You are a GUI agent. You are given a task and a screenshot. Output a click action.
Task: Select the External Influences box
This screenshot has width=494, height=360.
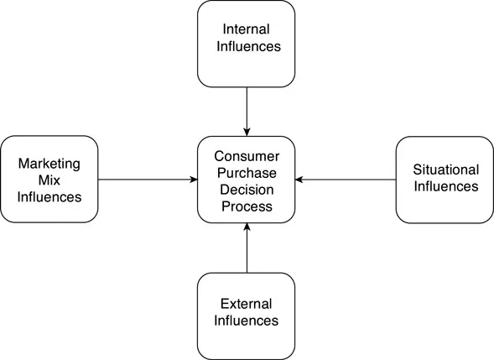click(x=247, y=312)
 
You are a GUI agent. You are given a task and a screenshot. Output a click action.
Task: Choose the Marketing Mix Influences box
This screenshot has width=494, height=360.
click(x=49, y=179)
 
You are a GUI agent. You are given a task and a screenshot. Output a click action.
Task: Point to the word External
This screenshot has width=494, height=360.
click(x=247, y=304)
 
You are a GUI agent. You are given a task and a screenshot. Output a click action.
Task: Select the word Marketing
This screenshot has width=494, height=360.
click(x=49, y=162)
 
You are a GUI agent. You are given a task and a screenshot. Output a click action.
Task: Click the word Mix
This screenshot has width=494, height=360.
click(x=49, y=179)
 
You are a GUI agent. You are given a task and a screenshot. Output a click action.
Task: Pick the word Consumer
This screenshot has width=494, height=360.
click(x=247, y=155)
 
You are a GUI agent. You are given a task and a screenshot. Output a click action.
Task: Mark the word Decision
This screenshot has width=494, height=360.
click(x=247, y=188)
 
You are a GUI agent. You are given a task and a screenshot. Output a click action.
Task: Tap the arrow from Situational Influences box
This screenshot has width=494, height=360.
click(x=346, y=179)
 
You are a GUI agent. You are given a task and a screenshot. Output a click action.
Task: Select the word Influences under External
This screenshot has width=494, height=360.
click(x=247, y=321)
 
